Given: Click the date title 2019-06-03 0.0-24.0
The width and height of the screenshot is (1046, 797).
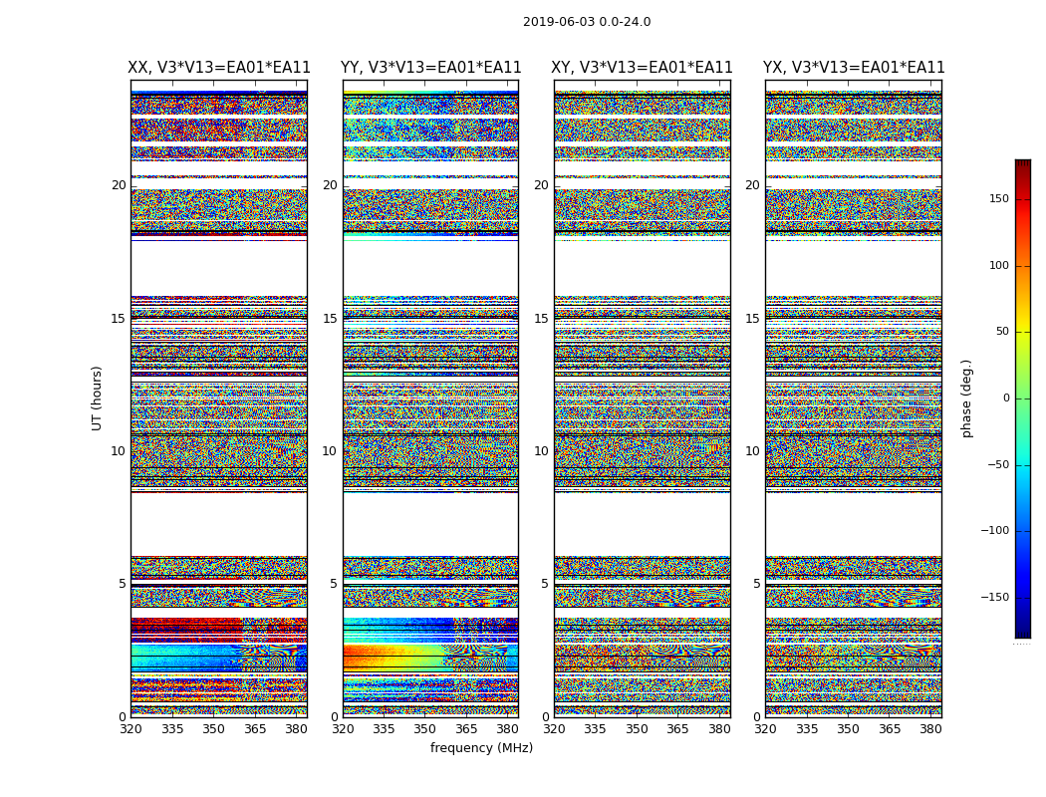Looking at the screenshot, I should (587, 22).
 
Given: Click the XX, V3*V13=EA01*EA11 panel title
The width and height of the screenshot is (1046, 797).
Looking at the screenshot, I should (219, 68).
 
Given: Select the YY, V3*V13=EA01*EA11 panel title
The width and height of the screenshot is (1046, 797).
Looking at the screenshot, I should (430, 68).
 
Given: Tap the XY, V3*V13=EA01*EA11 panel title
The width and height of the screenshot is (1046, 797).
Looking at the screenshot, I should (643, 68).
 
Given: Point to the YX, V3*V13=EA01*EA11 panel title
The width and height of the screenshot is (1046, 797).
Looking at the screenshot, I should (854, 68).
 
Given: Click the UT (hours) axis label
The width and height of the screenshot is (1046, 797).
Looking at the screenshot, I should (97, 398).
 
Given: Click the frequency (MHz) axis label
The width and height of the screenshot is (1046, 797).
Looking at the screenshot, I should (481, 748).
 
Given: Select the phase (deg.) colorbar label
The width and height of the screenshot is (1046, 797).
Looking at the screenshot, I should (966, 398).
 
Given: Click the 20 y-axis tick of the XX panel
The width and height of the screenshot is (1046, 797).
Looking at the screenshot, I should (119, 185).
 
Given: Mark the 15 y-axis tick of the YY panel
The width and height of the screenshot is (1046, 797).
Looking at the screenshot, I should (330, 319).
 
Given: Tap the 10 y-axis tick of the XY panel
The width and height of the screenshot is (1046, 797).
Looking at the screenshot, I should (541, 451).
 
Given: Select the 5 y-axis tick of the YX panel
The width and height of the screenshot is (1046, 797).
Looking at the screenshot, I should (756, 584).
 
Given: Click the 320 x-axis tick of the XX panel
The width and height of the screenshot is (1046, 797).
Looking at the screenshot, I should (131, 729).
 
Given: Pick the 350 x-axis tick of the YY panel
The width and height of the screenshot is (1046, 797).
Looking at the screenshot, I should (425, 729).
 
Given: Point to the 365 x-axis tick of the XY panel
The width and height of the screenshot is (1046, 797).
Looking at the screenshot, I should (677, 729).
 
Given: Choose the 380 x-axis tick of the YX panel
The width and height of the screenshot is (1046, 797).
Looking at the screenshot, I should (930, 729).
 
